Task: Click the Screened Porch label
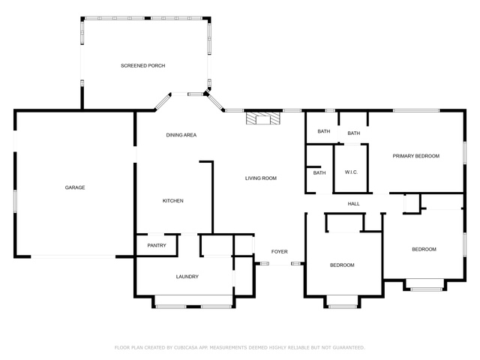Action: pyautogui.click(x=143, y=65)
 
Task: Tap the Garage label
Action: pyautogui.click(x=75, y=187)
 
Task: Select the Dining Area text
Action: pyautogui.click(x=181, y=135)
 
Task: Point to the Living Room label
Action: pyautogui.click(x=261, y=178)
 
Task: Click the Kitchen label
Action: pyautogui.click(x=173, y=201)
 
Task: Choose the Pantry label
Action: pyautogui.click(x=157, y=245)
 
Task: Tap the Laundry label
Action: pyautogui.click(x=187, y=277)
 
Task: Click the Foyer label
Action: pyautogui.click(x=280, y=252)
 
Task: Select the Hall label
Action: pyautogui.click(x=353, y=204)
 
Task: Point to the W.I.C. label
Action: pyautogui.click(x=351, y=172)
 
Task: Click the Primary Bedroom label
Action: pyautogui.click(x=416, y=156)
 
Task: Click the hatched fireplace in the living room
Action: pyautogui.click(x=263, y=118)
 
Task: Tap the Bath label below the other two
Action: pyautogui.click(x=319, y=173)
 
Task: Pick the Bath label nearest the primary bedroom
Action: pyautogui.click(x=353, y=133)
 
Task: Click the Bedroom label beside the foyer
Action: pyautogui.click(x=342, y=265)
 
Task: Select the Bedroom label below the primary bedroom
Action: pyautogui.click(x=424, y=250)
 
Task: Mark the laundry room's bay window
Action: pyautogui.click(x=193, y=307)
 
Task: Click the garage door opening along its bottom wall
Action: pyautogui.click(x=73, y=256)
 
